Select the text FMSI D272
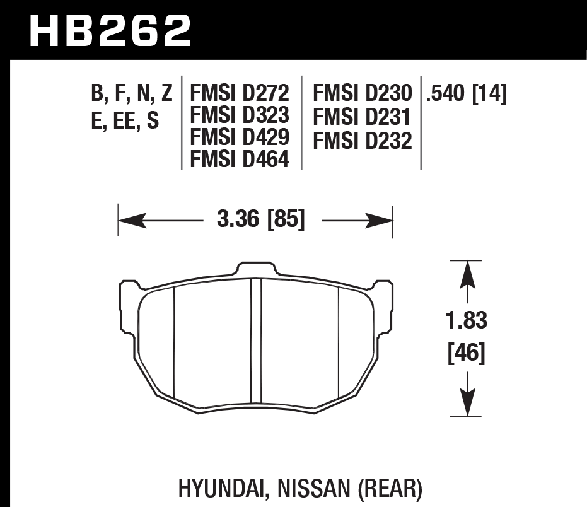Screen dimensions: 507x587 click(x=240, y=94)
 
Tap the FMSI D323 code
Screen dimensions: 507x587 click(x=240, y=116)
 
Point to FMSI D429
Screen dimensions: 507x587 click(x=240, y=138)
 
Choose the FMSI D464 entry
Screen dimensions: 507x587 click(x=240, y=160)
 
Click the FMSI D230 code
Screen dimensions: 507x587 click(x=362, y=94)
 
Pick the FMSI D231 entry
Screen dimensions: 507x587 click(x=362, y=117)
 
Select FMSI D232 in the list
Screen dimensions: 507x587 click(x=362, y=141)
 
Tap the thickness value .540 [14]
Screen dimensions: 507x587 click(x=467, y=94)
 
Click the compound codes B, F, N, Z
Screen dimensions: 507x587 click(x=131, y=94)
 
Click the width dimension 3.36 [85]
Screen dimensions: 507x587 click(x=260, y=221)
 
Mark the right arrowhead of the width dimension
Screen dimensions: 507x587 click(x=380, y=221)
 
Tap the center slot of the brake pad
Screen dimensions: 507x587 click(x=256, y=346)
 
